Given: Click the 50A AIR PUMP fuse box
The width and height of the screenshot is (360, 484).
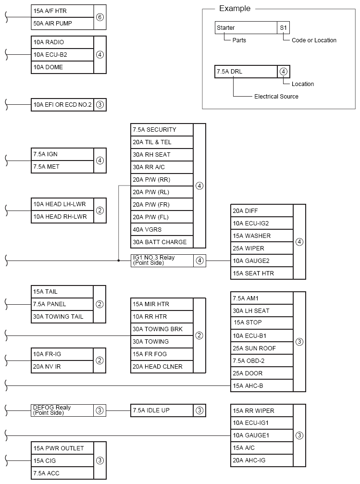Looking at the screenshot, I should (62, 23).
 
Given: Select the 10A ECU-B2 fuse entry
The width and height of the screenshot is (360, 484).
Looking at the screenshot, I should (62, 54).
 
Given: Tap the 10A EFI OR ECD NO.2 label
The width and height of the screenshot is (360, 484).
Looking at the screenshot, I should (62, 104).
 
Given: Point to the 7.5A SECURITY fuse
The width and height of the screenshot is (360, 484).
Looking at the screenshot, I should (161, 130).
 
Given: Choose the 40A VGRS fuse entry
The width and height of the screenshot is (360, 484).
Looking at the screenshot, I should (161, 230).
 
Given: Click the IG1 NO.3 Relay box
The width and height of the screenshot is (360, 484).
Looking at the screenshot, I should (161, 261).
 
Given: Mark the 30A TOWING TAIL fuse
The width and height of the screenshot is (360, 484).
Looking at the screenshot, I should (62, 317).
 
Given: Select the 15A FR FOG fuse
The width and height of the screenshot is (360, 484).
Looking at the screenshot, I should (161, 354).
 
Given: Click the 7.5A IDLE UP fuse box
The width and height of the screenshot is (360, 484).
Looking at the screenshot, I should (161, 410).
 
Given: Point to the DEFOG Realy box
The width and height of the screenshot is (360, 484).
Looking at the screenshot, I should (62, 410).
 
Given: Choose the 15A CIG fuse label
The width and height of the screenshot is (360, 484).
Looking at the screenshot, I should (62, 460).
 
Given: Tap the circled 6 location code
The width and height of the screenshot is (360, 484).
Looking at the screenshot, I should (100, 17).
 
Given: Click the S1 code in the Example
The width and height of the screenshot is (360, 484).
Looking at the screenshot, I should (284, 28).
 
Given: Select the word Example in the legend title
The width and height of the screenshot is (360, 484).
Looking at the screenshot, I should (235, 9).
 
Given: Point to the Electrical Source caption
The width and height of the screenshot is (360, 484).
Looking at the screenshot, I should (276, 97).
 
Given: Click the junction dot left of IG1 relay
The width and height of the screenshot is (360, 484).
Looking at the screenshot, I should (119, 261).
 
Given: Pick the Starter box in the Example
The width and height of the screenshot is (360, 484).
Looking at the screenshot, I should (246, 28).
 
